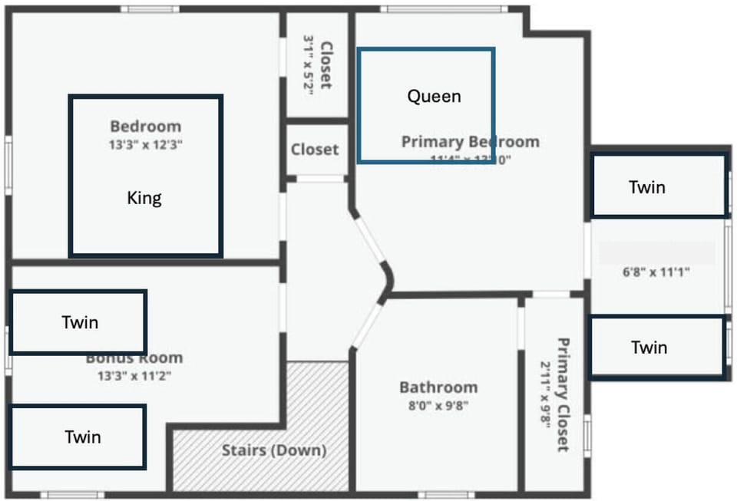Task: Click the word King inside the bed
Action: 144,199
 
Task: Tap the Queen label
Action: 434,96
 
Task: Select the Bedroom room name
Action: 145,127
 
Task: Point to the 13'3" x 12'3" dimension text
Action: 145,144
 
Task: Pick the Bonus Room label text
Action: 134,358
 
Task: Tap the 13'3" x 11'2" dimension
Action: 134,376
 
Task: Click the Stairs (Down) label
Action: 274,450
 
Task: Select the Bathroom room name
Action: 438,387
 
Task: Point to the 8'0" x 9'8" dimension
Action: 438,405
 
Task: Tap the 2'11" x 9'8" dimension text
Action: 545,394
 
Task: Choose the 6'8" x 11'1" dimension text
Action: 656,272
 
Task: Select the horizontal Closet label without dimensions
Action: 315,150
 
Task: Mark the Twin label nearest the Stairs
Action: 83,437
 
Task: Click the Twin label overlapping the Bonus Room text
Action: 80,322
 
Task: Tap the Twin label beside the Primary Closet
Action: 649,348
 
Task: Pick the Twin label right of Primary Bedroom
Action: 646,186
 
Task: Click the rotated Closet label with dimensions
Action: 326,65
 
